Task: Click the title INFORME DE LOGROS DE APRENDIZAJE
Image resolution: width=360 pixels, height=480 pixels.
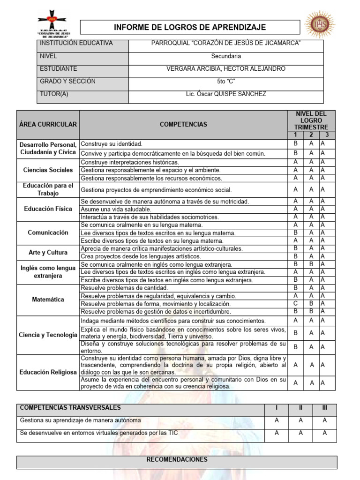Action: point(190,27)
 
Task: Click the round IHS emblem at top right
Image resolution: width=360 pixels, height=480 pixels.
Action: point(320,25)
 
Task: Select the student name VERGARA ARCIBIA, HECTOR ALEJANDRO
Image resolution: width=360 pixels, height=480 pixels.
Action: point(225,69)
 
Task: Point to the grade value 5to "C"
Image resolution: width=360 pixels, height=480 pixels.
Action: point(225,82)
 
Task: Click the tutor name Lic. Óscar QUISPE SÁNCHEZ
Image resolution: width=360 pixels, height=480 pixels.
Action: point(225,94)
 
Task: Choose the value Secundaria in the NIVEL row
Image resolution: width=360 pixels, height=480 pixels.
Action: point(225,56)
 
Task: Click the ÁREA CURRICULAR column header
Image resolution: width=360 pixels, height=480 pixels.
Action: point(48,124)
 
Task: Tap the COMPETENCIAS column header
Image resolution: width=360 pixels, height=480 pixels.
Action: point(183,124)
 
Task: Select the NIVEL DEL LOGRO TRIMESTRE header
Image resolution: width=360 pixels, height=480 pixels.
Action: point(311,120)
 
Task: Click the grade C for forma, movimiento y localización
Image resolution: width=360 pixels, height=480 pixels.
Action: point(295,303)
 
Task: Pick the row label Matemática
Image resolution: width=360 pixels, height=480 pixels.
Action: point(48,300)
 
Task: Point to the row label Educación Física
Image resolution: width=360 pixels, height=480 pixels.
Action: point(48,209)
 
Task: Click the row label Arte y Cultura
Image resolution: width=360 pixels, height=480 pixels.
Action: point(48,252)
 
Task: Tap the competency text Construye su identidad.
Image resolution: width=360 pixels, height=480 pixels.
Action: point(112,144)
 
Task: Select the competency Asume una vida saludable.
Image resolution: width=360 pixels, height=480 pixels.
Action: point(116,209)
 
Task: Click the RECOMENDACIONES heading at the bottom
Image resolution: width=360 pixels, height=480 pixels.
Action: point(177,459)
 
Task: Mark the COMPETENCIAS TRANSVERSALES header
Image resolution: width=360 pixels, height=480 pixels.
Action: point(70,408)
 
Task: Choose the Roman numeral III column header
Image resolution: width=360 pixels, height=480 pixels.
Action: point(324,408)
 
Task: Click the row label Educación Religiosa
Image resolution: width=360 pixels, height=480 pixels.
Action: point(48,372)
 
